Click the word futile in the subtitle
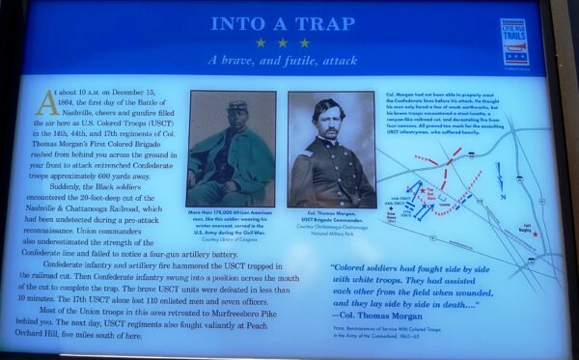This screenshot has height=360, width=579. click(289, 60)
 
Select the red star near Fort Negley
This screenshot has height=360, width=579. click(534, 233)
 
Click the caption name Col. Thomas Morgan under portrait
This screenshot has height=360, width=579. click(330, 214)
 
